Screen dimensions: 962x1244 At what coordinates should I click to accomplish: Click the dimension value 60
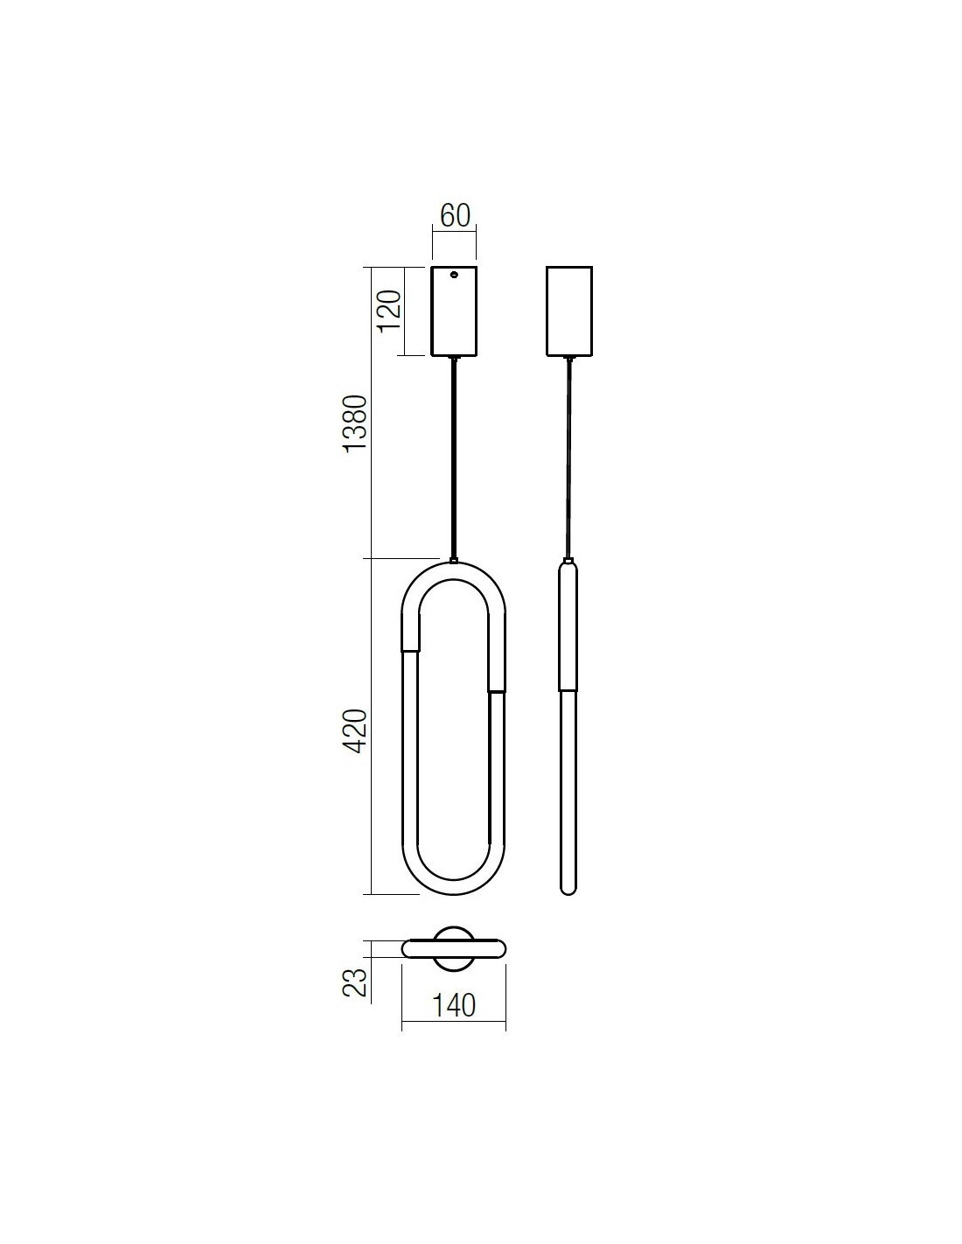tap(455, 215)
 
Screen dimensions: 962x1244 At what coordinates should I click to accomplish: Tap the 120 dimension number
tap(388, 311)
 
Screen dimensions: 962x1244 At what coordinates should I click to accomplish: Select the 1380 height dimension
tap(355, 423)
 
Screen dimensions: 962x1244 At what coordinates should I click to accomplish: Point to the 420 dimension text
tap(355, 731)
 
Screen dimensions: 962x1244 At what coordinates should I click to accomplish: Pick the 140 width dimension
tap(453, 1006)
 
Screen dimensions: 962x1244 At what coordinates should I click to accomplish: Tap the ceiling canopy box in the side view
tap(568, 311)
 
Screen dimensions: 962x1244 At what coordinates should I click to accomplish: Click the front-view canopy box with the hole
tap(454, 311)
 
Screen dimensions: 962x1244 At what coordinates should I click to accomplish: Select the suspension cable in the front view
tap(455, 458)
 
